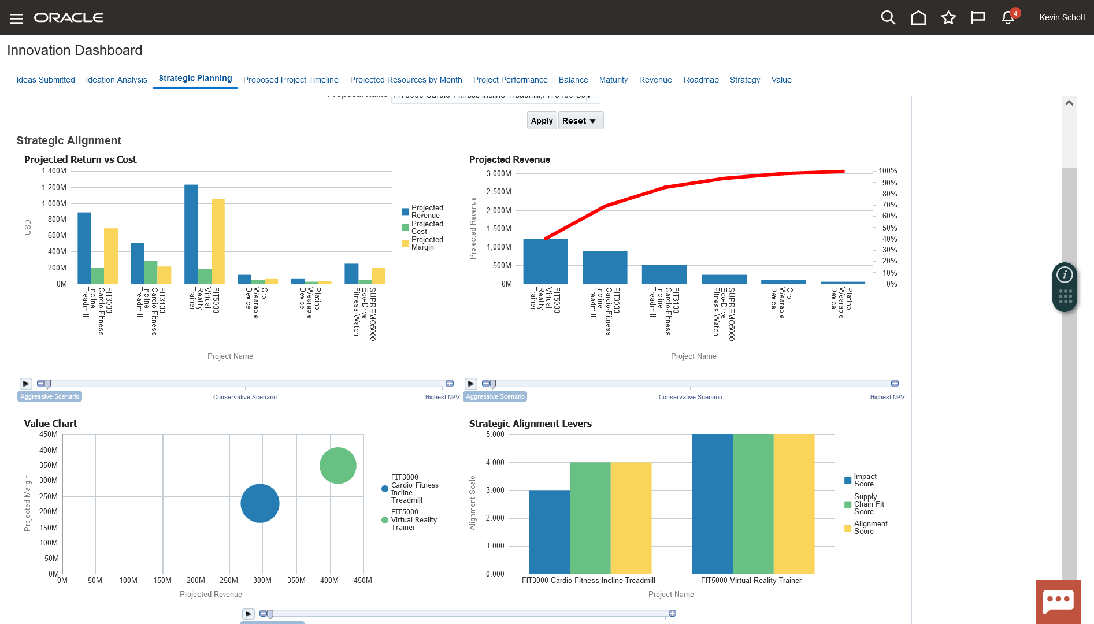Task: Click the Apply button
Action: click(542, 121)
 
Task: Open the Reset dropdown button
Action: click(580, 121)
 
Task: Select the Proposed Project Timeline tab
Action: click(291, 80)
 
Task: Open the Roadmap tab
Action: click(701, 80)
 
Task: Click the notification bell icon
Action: click(1008, 18)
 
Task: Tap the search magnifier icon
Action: click(888, 18)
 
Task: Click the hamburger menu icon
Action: click(16, 18)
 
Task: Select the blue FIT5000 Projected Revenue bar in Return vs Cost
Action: click(191, 234)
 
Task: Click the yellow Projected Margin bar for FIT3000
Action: click(111, 256)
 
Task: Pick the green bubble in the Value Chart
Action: click(338, 466)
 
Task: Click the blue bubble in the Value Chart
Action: click(260, 503)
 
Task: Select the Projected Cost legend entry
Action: click(427, 228)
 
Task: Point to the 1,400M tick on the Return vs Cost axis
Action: click(54, 171)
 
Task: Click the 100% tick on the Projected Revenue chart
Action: click(888, 171)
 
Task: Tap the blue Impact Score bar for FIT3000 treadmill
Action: click(549, 532)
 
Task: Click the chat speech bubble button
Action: click(1058, 601)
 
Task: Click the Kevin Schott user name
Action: click(1062, 18)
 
